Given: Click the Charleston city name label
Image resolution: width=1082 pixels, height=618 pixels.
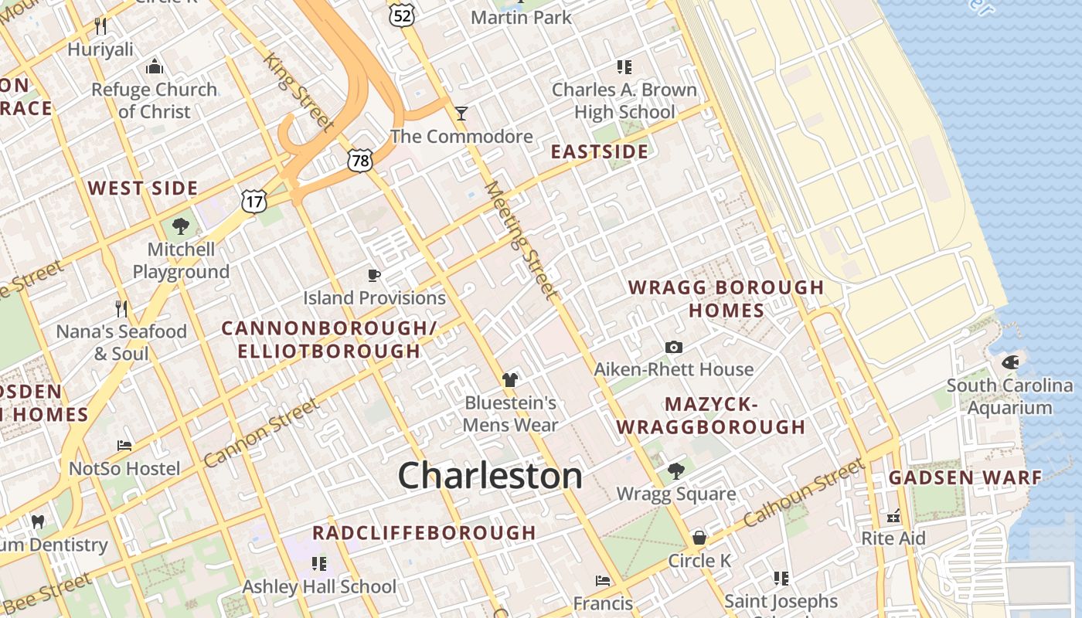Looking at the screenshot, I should pyautogui.click(x=490, y=476).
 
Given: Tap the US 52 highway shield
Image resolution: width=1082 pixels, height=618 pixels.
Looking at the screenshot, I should pyautogui.click(x=403, y=13).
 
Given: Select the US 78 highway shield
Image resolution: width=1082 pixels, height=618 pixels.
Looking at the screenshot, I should pyautogui.click(x=360, y=160).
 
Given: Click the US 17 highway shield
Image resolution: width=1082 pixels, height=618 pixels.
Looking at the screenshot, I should pyautogui.click(x=253, y=201).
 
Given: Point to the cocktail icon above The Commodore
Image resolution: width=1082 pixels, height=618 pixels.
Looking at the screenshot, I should pyautogui.click(x=461, y=114).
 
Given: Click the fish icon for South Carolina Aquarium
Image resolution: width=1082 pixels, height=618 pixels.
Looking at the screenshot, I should pyautogui.click(x=1009, y=362).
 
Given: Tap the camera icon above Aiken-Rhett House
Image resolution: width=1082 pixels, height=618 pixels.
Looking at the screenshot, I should pyautogui.click(x=674, y=347).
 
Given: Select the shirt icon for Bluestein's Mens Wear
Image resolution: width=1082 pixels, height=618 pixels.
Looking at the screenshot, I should pyautogui.click(x=509, y=379).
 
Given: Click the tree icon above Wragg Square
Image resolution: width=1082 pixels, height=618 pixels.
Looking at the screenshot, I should pyautogui.click(x=676, y=470).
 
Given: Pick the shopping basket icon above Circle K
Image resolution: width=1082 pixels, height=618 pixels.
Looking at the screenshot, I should pyautogui.click(x=699, y=537).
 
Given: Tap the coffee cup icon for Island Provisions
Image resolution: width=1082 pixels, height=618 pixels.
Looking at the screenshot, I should pyautogui.click(x=374, y=275).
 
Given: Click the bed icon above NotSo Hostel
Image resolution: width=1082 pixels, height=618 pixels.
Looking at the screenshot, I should pyautogui.click(x=124, y=446).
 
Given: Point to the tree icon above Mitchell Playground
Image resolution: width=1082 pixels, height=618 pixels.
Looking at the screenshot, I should pyautogui.click(x=181, y=226).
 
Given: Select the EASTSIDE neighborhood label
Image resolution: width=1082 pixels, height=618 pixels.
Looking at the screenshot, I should pyautogui.click(x=599, y=151).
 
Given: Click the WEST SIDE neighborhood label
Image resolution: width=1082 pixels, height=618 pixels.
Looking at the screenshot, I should pyautogui.click(x=143, y=188).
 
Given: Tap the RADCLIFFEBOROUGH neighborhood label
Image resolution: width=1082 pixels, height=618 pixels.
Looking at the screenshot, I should pyautogui.click(x=424, y=532).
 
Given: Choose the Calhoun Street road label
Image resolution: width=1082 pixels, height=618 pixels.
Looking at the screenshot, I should pyautogui.click(x=804, y=494).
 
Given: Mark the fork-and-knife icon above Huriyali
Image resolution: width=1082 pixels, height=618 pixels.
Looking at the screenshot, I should pyautogui.click(x=100, y=26).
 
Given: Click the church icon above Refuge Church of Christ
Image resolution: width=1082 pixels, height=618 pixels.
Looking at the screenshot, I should pyautogui.click(x=155, y=66).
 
